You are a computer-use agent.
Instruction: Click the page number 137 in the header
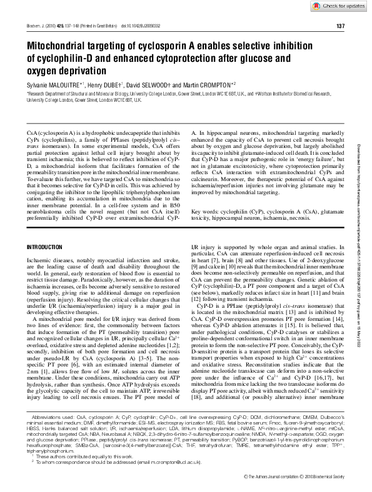pyautogui.click(x=340, y=26)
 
